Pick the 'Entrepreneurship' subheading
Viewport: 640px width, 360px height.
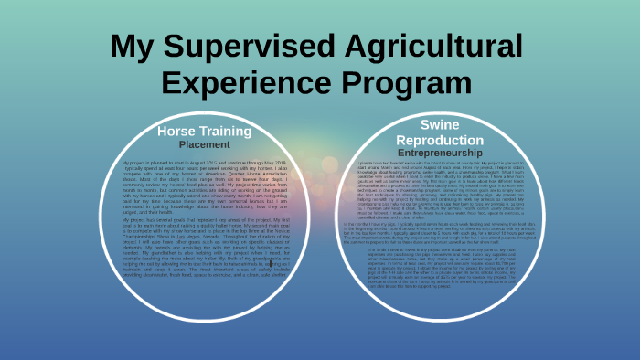pos(440,153)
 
